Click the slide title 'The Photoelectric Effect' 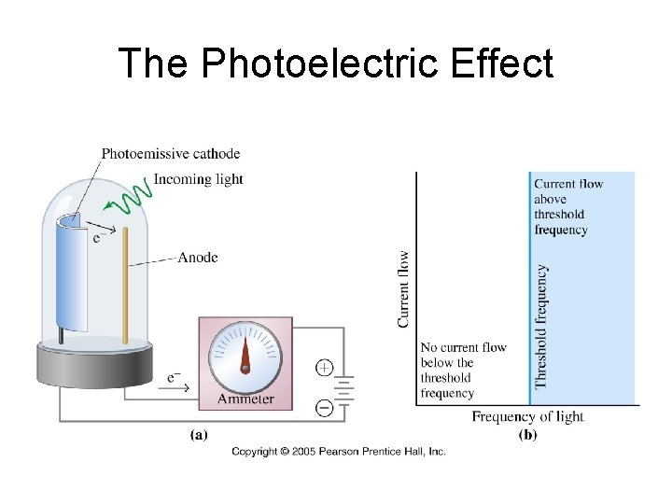click(336, 63)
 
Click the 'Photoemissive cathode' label click(170, 154)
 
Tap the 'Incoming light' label click(198, 179)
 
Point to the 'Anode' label click(197, 257)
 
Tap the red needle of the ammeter click(245, 353)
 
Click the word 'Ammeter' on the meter click(245, 399)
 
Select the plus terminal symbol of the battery click(324, 367)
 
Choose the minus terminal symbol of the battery click(324, 407)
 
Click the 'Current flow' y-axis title click(404, 288)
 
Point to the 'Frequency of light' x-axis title click(527, 416)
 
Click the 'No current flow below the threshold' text click(464, 370)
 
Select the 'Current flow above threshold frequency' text click(568, 206)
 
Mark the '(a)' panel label click(199, 433)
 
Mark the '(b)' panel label click(527, 434)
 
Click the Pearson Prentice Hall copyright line click(339, 452)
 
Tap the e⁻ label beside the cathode click(98, 237)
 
